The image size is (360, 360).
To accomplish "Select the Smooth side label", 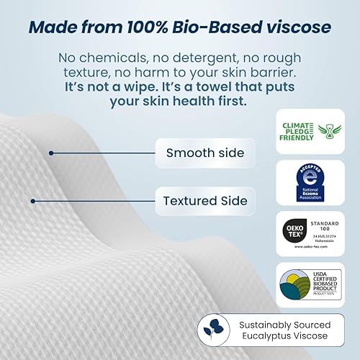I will pos(194,153).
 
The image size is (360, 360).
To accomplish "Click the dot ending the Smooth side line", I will pos(51,153).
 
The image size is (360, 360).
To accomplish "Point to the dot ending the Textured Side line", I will pos(33,201).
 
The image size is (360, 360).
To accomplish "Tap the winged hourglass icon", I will pos(327,130).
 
